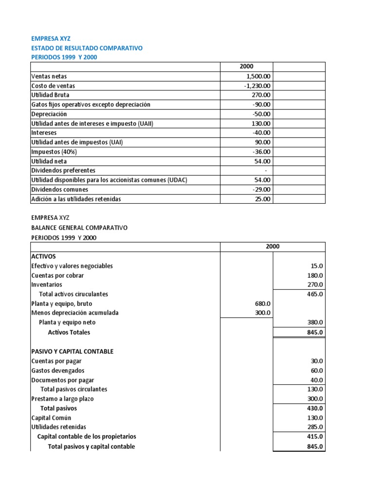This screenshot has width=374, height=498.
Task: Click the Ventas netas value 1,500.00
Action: click(259, 76)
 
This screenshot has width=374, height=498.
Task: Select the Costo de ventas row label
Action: click(53, 86)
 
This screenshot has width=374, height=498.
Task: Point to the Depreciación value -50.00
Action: click(262, 114)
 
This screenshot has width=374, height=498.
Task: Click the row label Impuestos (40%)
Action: click(51, 152)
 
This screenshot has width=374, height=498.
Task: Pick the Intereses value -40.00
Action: click(262, 133)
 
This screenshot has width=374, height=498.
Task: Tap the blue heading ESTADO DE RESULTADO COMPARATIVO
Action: click(87, 48)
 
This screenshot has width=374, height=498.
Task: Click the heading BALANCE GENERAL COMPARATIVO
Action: click(79, 228)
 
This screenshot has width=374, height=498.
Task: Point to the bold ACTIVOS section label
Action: click(44, 256)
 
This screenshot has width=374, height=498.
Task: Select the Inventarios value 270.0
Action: click(315, 285)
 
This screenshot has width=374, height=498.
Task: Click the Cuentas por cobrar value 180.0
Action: click(315, 275)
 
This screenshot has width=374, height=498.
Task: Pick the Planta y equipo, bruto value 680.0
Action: click(262, 303)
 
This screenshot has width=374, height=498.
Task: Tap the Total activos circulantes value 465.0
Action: click(315, 294)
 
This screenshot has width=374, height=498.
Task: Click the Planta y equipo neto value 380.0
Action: click(315, 322)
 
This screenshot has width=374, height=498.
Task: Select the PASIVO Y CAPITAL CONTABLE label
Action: click(73, 351)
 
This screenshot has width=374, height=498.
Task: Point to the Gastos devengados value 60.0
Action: click(317, 371)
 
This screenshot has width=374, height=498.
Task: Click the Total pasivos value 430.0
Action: click(315, 409)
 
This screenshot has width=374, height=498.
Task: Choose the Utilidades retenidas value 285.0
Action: click(315, 427)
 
